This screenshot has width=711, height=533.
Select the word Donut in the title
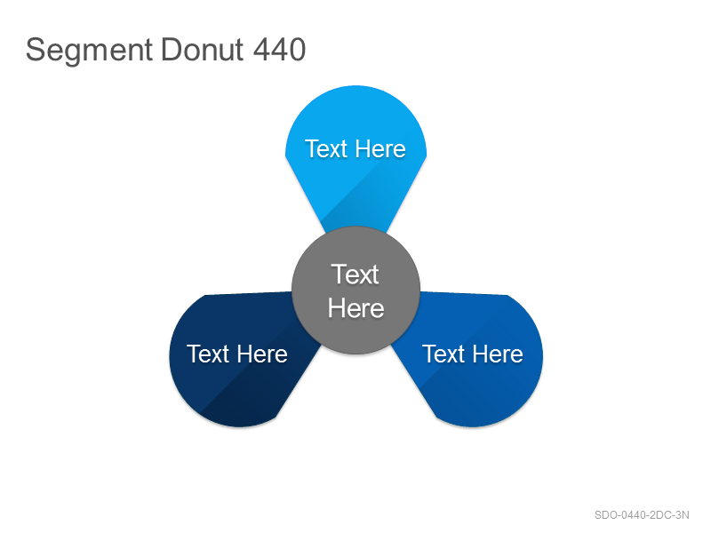(x=203, y=50)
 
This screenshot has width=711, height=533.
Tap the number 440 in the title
(x=279, y=50)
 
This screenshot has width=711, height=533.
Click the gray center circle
(x=356, y=290)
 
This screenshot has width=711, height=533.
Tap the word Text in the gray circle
(x=355, y=274)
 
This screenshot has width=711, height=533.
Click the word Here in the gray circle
(x=356, y=308)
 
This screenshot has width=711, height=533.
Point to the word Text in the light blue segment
(x=325, y=149)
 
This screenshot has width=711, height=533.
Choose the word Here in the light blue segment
(x=380, y=149)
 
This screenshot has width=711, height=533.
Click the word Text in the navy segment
(x=208, y=354)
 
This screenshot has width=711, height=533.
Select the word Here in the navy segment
(x=262, y=354)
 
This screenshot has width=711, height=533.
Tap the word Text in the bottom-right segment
(x=443, y=354)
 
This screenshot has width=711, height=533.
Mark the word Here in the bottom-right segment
(x=498, y=354)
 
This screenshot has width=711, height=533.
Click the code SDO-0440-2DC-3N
(x=642, y=515)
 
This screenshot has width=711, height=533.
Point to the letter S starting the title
(x=35, y=50)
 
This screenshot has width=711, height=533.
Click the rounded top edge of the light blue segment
(x=356, y=86)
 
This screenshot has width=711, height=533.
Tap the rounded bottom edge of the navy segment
(x=239, y=426)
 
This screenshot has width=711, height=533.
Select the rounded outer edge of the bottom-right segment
(x=542, y=356)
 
